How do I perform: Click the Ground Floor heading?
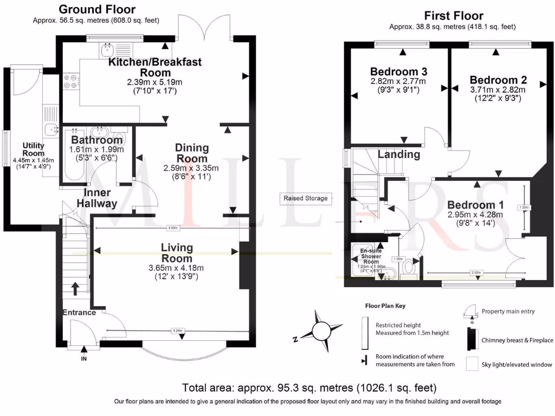(x=96, y=9)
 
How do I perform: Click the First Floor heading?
(x=454, y=16)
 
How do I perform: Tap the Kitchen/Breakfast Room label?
(x=155, y=67)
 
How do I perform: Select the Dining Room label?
(x=192, y=153)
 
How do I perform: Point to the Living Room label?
(x=177, y=253)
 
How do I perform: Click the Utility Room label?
(x=33, y=149)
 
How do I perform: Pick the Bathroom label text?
(x=97, y=140)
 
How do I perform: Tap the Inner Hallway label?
(x=97, y=198)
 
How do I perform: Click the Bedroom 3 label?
(x=398, y=71)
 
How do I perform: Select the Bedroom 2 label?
(x=498, y=80)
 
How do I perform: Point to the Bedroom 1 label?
(x=475, y=205)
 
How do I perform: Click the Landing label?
(x=398, y=154)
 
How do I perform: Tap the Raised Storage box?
(x=306, y=198)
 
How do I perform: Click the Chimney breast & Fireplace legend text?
(x=517, y=340)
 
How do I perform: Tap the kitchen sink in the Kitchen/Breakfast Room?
(x=106, y=50)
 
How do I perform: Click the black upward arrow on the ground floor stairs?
(x=74, y=287)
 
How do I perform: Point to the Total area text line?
(x=309, y=388)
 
